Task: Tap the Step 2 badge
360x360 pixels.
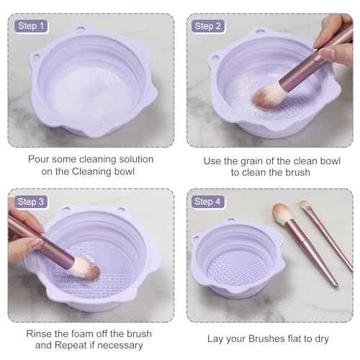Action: coord(210,26)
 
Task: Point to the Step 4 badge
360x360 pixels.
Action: coord(210,201)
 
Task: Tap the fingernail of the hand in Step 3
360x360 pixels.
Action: coord(35,245)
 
